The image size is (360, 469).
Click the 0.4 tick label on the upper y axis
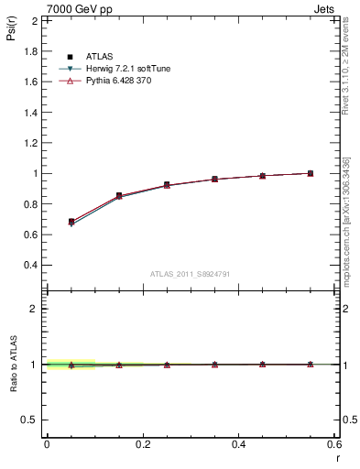point(29,265)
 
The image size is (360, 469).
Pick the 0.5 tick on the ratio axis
point(30,420)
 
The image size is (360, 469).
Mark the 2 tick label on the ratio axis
point(35,309)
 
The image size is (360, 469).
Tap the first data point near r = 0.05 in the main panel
point(71,222)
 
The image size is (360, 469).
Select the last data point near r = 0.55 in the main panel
point(311,173)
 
